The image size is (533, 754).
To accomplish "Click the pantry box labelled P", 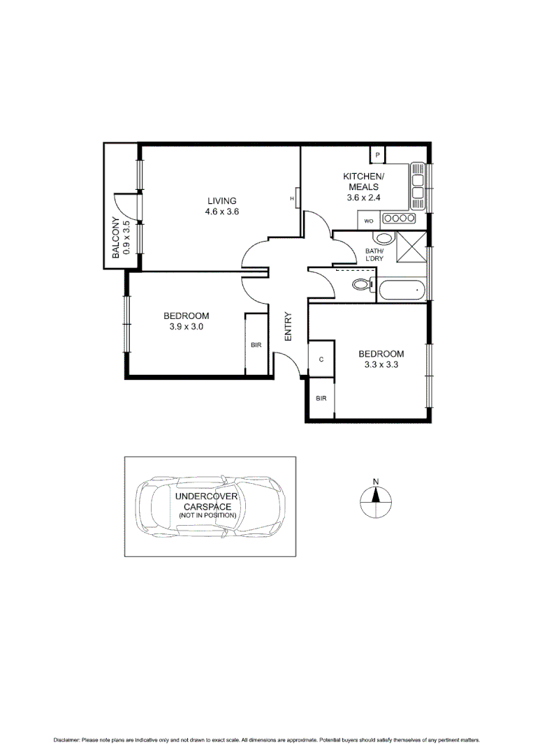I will click(x=378, y=154).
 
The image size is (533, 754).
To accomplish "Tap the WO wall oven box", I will click(x=368, y=221).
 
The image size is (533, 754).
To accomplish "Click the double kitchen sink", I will click(x=418, y=186).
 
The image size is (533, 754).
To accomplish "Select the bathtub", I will click(x=401, y=290).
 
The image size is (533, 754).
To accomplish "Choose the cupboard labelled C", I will click(x=321, y=359).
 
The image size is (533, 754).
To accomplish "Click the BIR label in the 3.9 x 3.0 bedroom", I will click(x=256, y=346).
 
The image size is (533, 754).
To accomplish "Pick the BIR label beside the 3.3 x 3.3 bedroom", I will click(x=321, y=398).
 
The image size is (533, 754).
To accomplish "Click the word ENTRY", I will click(x=288, y=327).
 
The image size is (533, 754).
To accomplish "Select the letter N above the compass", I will click(x=375, y=482).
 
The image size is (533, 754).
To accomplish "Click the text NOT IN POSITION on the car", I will click(x=207, y=515).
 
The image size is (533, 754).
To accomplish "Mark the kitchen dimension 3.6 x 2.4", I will click(x=363, y=198).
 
